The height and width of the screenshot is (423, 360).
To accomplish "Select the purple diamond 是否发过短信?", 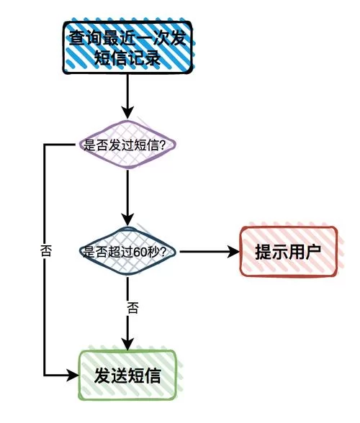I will click(128, 145).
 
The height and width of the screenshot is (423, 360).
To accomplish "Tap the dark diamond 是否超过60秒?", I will click(128, 251).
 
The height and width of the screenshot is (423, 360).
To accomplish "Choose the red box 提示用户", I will click(287, 251).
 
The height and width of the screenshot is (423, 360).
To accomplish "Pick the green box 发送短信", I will click(127, 375).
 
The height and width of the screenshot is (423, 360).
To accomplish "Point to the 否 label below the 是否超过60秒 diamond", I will click(132, 307).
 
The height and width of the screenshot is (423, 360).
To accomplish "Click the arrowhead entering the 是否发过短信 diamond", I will click(128, 113).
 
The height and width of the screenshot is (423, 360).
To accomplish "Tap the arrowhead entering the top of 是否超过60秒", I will click(128, 219).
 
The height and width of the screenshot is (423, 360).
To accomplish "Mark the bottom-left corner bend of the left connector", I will click(45, 375).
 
